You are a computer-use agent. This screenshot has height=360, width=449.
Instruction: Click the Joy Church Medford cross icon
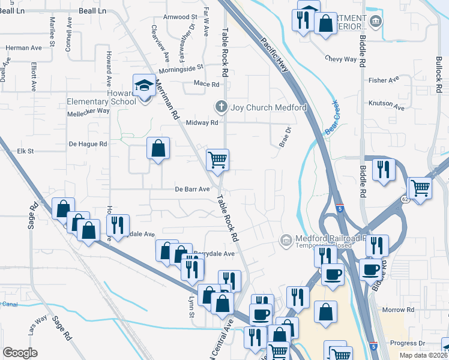pyautogui.click(x=221, y=107)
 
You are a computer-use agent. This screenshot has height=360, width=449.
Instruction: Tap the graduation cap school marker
pyautogui.click(x=144, y=86)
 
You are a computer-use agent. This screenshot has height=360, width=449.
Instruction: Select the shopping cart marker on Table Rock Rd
pyautogui.click(x=217, y=160)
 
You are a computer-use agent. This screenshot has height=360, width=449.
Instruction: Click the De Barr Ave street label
pyautogui.click(x=192, y=189)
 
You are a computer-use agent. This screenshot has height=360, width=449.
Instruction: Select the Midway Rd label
pyautogui.click(x=202, y=122)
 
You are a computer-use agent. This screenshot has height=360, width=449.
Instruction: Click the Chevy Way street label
pyautogui.click(x=341, y=59)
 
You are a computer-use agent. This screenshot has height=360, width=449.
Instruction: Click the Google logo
pyautogui.click(x=20, y=352)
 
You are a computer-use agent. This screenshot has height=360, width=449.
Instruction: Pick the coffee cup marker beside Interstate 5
pyautogui.click(x=332, y=275)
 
